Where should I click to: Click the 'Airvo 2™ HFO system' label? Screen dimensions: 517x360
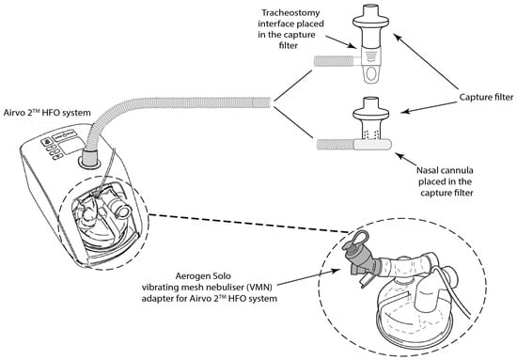coord(47,112)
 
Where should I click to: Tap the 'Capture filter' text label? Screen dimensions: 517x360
coord(486,97)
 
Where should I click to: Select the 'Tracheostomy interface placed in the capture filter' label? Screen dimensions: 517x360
coord(290,29)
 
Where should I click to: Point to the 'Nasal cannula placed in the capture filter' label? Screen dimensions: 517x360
coord(446,181)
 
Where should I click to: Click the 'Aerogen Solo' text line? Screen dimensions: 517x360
coord(203,275)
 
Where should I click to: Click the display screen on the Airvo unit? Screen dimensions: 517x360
coord(71,145)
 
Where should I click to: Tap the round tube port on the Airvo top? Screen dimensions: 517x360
coord(89,161)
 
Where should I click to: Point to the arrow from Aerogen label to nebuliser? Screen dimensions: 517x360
coord(309,277)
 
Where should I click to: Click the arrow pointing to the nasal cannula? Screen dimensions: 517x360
coord(405,159)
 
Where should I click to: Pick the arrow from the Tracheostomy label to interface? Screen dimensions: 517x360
coord(341,42)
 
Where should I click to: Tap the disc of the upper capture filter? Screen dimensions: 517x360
coord(371,23)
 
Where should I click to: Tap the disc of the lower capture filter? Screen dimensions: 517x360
coord(371,115)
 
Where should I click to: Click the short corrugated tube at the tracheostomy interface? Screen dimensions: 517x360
coord(333,61)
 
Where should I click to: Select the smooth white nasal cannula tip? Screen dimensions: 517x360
coord(373,145)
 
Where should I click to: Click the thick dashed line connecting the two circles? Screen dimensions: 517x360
coord(248,223)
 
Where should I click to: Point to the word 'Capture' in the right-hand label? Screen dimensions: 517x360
coord(474,97)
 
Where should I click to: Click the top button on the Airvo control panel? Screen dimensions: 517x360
coord(48,142)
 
